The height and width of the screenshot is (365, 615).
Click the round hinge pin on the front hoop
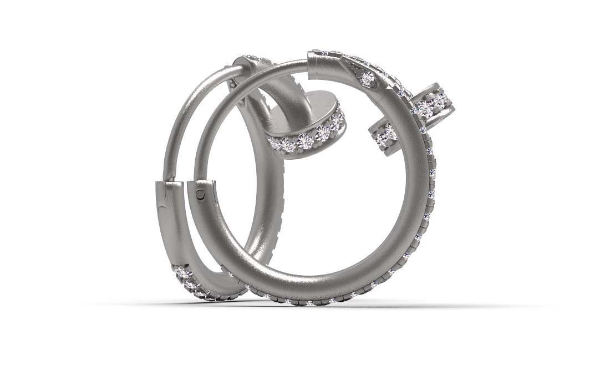tap(200, 194)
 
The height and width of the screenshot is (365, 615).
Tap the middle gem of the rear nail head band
tap(305, 140)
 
